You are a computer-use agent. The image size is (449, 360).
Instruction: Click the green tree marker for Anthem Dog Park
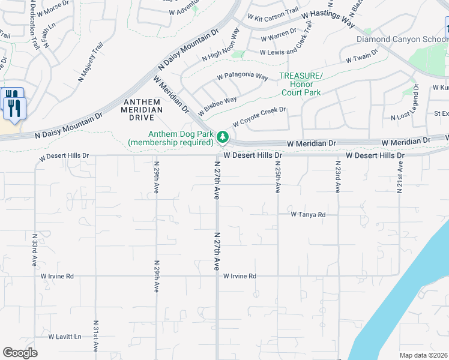pyautogui.click(x=223, y=137)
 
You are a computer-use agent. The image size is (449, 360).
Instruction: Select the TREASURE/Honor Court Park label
pyautogui.click(x=301, y=84)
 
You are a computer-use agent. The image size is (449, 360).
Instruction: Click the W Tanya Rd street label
pyautogui.click(x=308, y=214)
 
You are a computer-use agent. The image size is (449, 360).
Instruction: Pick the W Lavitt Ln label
pyautogui.click(x=65, y=337)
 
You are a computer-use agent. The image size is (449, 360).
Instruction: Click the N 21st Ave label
pyautogui.click(x=399, y=176)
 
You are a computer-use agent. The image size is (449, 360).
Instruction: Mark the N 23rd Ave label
pyautogui.click(x=338, y=176)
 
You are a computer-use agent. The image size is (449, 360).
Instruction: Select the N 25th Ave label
pyautogui.click(x=278, y=176)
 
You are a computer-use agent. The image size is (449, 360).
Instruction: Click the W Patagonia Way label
pyautogui.click(x=242, y=77)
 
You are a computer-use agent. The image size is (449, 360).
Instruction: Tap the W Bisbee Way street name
pyautogui.click(x=217, y=105)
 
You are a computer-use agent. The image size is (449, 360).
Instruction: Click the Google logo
pyautogui.click(x=20, y=352)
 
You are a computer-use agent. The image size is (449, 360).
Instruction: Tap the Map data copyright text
pyautogui.click(x=423, y=355)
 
